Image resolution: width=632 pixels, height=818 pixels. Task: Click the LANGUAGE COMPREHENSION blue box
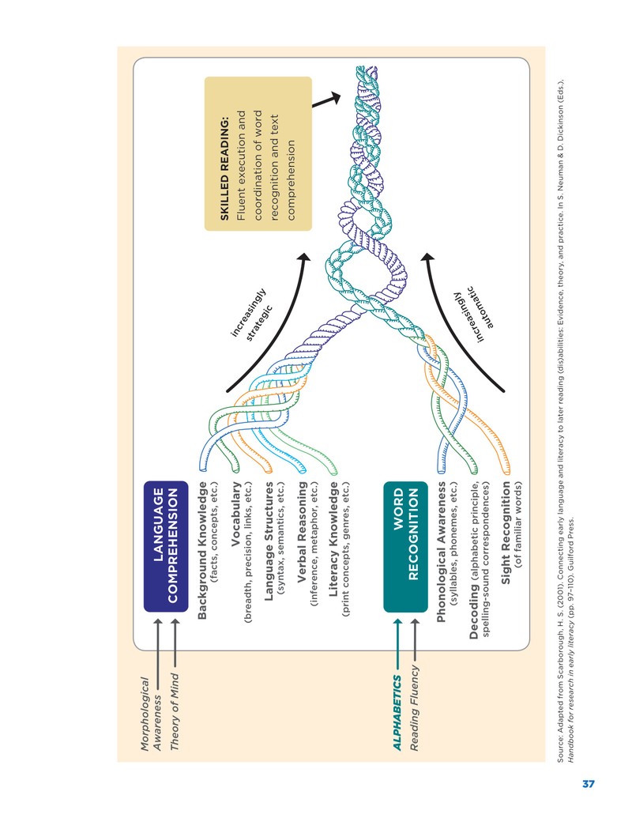(165, 545)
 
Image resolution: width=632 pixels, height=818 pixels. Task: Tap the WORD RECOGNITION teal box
(405, 545)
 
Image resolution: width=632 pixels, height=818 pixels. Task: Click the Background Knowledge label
(202, 550)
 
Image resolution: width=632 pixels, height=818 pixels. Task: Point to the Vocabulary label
(235, 514)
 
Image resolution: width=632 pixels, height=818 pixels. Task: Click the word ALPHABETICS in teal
(397, 713)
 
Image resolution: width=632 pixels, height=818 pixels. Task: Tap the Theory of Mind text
(175, 711)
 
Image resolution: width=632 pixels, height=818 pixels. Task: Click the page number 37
(589, 783)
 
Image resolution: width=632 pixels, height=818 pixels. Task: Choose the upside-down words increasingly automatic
(474, 314)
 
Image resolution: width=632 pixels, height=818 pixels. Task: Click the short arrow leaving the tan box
(326, 100)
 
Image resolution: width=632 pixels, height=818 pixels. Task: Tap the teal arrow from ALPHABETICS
(397, 644)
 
